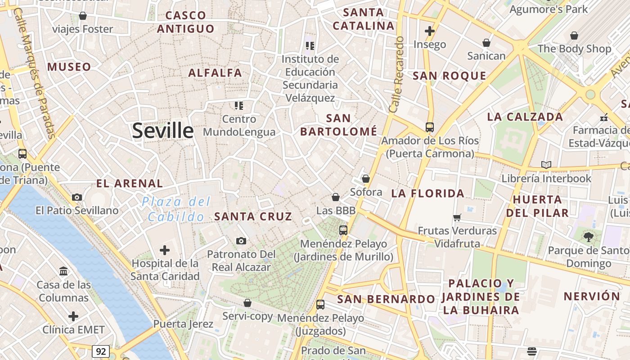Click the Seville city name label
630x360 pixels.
pyautogui.click(x=163, y=130)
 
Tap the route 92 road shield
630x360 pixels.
pyautogui.click(x=100, y=351)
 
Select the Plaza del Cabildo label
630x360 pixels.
pyautogui.click(x=176, y=209)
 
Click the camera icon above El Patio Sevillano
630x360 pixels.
pyautogui.click(x=77, y=197)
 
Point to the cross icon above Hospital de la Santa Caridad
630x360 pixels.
pyautogui.click(x=165, y=250)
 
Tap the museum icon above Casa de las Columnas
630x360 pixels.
pyautogui.click(x=63, y=271)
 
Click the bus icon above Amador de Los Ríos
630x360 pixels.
pyautogui.click(x=430, y=127)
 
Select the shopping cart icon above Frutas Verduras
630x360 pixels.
pyautogui.click(x=457, y=218)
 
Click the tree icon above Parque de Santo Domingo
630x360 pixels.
pyautogui.click(x=588, y=237)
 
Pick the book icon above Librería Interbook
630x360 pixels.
pyautogui.click(x=546, y=165)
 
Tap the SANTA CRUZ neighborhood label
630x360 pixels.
pyautogui.click(x=253, y=216)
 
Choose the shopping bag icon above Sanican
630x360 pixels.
pyautogui.click(x=486, y=43)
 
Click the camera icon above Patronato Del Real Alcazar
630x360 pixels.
pyautogui.click(x=241, y=241)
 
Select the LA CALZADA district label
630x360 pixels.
pyautogui.click(x=525, y=117)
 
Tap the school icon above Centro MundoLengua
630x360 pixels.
pyautogui.click(x=239, y=106)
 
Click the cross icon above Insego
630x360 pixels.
pyautogui.click(x=430, y=31)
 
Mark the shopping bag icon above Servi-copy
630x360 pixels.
pyautogui.click(x=247, y=303)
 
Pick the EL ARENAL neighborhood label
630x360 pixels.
pyautogui.click(x=130, y=184)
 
